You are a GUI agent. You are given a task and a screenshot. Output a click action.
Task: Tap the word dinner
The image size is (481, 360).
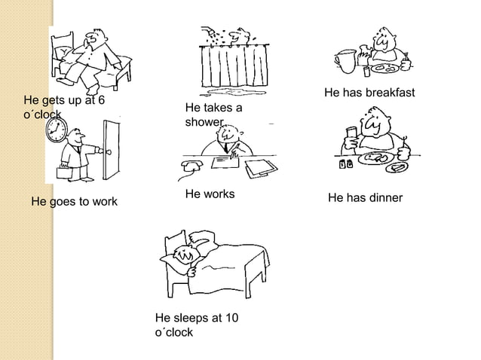point(384,198)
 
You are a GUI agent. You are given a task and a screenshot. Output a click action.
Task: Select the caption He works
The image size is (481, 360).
point(210,194)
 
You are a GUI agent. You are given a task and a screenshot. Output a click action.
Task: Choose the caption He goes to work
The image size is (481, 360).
point(74,202)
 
